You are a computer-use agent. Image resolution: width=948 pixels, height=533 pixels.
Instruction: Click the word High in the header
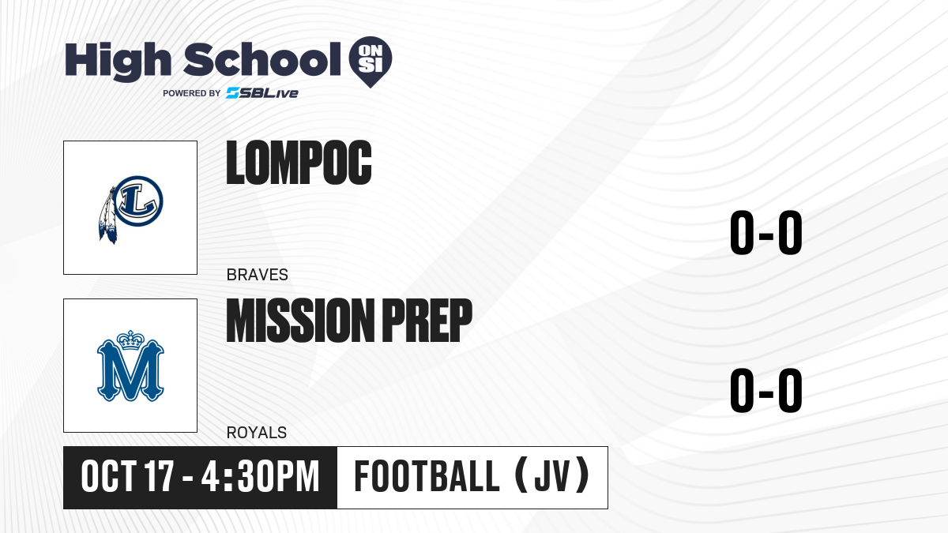tap(118, 61)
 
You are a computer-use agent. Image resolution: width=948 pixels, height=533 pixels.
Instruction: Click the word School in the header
tap(262, 59)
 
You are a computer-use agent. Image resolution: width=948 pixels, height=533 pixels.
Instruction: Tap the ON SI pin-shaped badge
tap(371, 62)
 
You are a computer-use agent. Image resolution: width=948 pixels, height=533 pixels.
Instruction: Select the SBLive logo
tap(262, 93)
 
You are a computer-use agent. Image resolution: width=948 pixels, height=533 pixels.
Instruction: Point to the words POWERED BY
tap(192, 93)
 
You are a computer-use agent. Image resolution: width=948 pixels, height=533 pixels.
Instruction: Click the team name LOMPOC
tap(299, 163)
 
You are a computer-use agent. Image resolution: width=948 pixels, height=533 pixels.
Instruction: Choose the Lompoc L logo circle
tap(138, 201)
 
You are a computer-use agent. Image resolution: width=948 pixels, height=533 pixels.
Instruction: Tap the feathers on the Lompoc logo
tap(107, 216)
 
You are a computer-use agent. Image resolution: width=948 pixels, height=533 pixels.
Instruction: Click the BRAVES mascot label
tap(258, 275)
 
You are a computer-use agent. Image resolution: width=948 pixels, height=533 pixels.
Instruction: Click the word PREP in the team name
tap(427, 321)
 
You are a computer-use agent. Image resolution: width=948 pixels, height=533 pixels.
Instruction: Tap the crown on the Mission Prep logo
tap(131, 340)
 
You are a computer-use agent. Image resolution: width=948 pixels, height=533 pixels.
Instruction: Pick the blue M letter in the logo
tap(130, 370)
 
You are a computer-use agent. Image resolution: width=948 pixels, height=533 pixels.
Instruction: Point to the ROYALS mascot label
tap(257, 433)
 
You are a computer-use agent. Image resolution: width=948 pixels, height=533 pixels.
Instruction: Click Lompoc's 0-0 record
tap(766, 232)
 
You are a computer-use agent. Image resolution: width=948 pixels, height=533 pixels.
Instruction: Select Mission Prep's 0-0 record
tap(766, 390)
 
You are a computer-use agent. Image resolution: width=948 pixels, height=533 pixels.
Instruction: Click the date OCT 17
tap(127, 477)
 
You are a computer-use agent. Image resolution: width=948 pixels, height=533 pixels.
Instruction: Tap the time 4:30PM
tap(260, 477)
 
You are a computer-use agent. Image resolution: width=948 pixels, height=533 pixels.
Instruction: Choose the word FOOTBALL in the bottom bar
tap(427, 476)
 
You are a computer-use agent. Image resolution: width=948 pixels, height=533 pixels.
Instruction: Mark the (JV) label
tap(552, 475)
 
